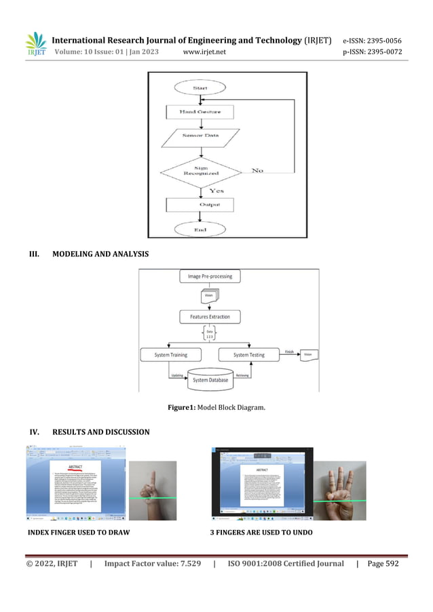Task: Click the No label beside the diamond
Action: pyautogui.click(x=258, y=170)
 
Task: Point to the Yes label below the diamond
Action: pyautogui.click(x=216, y=191)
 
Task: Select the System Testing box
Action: pyautogui.click(x=249, y=355)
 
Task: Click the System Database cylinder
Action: pyautogui.click(x=210, y=379)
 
